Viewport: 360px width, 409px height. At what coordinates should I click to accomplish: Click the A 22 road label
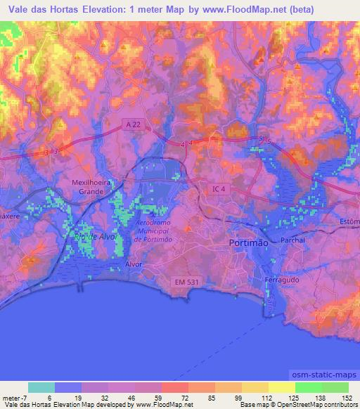(x=131, y=124)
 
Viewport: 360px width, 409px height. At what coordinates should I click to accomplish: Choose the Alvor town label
(x=134, y=264)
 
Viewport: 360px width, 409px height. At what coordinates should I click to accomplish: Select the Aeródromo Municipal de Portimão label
(x=155, y=230)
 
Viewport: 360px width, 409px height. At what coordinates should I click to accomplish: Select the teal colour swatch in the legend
(x=41, y=387)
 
